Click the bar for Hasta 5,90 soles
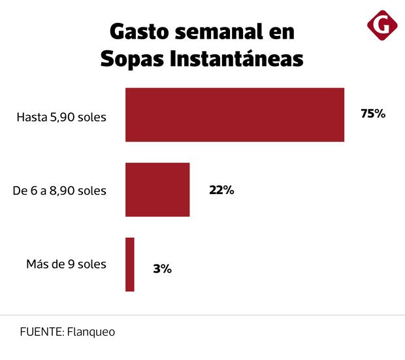[235, 114]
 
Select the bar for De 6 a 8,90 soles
[157, 189]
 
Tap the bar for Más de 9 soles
[130, 264]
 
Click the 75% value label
[373, 114]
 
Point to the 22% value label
[221, 190]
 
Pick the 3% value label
[163, 268]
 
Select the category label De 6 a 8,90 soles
[59, 191]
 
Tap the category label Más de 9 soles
[66, 265]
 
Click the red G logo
[382, 25]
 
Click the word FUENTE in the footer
[40, 331]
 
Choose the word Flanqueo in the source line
[90, 331]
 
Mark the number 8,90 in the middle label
[67, 191]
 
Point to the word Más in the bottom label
[37, 265]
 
